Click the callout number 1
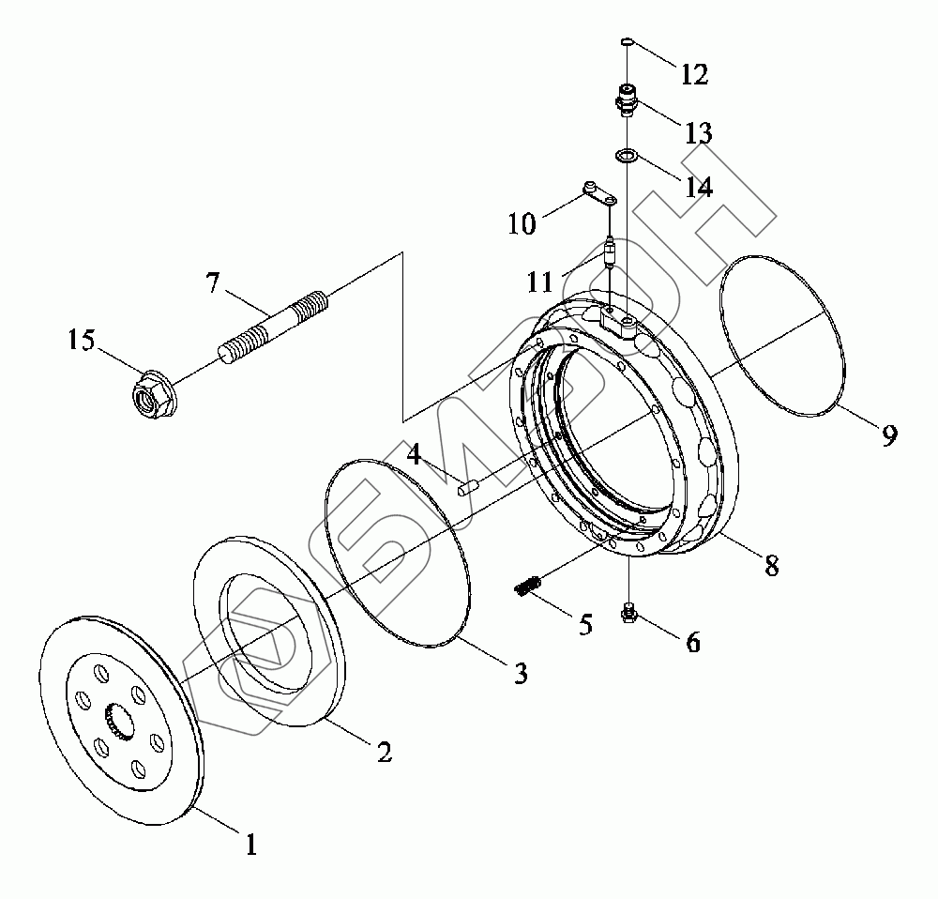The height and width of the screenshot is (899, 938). (250, 845)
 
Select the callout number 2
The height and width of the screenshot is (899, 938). (383, 751)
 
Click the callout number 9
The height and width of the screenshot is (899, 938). (888, 434)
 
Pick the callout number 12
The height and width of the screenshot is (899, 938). (694, 73)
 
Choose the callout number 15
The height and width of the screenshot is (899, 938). (82, 340)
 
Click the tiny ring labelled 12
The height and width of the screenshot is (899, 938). (628, 41)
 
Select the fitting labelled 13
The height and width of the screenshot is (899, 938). (627, 99)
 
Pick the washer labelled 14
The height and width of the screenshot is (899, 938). (627, 155)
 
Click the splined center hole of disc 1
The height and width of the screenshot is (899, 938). (122, 724)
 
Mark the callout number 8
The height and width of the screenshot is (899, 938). (770, 567)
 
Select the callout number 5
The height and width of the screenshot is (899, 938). (585, 625)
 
